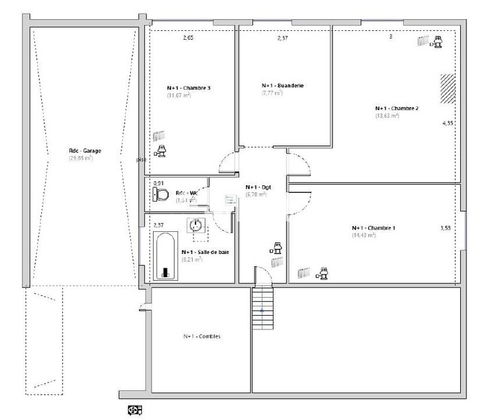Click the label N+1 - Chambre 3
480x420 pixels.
[189, 88]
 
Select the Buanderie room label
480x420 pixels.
[283, 85]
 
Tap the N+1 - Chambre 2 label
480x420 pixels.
[396, 108]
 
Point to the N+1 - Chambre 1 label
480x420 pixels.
[373, 228]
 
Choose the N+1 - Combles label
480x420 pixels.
[202, 336]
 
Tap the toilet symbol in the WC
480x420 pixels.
[162, 195]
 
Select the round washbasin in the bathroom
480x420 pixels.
[197, 225]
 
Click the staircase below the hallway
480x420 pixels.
[262, 308]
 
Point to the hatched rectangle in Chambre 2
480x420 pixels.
[448, 88]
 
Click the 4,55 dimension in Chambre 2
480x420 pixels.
[448, 124]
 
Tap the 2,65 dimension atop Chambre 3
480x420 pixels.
[188, 38]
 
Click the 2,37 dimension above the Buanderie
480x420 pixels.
[283, 38]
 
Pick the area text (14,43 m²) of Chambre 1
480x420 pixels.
[363, 235]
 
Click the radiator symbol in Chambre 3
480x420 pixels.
[159, 135]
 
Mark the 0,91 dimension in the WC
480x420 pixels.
[158, 183]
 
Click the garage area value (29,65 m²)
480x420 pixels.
[80, 158]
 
